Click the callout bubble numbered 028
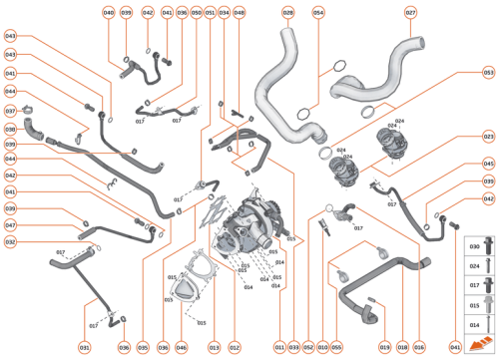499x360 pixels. (x=287, y=12)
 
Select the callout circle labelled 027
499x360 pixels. (x=410, y=12)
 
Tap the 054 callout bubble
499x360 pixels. (x=318, y=12)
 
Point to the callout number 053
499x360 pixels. (x=488, y=73)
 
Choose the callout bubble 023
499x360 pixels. (x=488, y=136)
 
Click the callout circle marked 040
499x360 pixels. (x=108, y=12)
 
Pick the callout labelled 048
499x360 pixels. (x=239, y=12)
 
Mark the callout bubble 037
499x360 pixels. (x=10, y=111)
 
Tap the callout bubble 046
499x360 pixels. (x=181, y=347)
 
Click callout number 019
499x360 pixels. (x=384, y=347)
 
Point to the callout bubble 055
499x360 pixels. (x=336, y=347)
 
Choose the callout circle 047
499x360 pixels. (x=10, y=225)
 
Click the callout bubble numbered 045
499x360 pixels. (x=488, y=164)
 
